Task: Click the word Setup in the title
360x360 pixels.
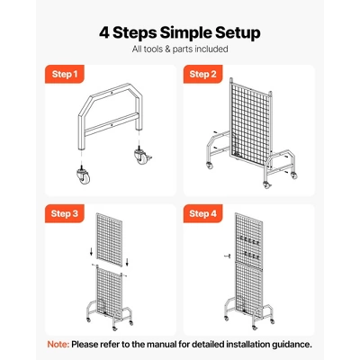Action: [230, 33]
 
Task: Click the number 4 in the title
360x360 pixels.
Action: [105, 33]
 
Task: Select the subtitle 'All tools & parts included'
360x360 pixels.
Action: [180, 49]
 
